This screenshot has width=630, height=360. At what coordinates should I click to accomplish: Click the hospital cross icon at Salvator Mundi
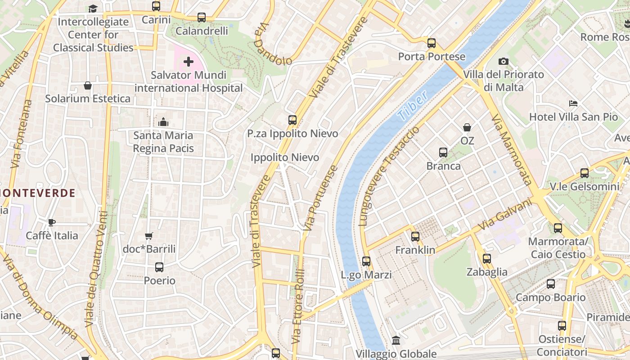(189, 62)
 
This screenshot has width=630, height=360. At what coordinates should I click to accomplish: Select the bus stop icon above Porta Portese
(432, 43)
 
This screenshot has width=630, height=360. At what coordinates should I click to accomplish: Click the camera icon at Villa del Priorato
(504, 61)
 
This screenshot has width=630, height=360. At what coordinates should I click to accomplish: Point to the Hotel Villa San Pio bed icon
(573, 103)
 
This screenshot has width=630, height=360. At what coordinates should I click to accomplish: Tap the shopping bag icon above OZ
(467, 127)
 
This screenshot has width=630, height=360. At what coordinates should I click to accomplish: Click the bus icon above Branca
(443, 153)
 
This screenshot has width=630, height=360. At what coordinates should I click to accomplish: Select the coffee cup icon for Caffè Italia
(52, 222)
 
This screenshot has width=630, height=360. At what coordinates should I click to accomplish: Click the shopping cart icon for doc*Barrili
(149, 236)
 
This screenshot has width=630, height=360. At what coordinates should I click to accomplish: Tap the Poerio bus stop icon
(159, 267)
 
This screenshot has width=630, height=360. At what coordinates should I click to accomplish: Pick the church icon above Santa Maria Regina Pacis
(163, 122)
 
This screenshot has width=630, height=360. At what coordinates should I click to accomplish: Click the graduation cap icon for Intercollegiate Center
(93, 9)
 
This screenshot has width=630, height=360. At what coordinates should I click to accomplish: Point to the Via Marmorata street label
(512, 149)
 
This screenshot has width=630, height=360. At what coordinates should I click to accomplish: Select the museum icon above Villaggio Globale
(396, 341)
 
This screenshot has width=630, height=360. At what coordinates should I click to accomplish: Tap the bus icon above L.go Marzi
(366, 261)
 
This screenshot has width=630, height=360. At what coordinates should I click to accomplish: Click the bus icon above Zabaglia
(487, 259)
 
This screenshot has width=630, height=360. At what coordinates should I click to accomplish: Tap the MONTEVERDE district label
(38, 193)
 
